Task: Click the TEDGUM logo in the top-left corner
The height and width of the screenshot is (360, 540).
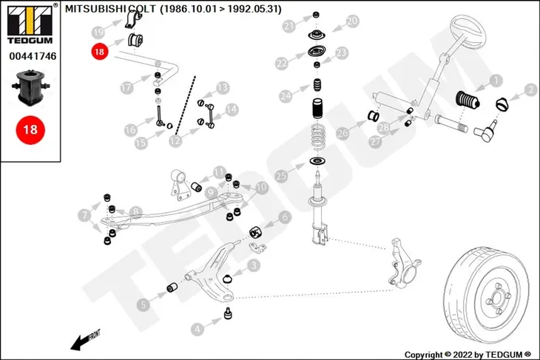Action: pyautogui.click(x=30, y=24)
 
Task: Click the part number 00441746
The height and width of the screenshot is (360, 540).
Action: pyautogui.click(x=33, y=56)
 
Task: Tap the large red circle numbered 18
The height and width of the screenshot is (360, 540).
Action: pyautogui.click(x=30, y=130)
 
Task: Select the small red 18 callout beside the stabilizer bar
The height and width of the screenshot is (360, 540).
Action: pyautogui.click(x=99, y=52)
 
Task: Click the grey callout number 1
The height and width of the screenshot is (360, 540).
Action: pyautogui.click(x=496, y=81)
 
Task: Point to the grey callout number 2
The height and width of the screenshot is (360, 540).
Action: pyautogui.click(x=530, y=90)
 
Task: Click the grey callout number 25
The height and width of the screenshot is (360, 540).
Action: pyautogui.click(x=281, y=176)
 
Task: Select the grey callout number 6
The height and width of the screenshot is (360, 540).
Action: pyautogui.click(x=285, y=217)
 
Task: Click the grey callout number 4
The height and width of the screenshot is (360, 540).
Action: pyautogui.click(x=198, y=330)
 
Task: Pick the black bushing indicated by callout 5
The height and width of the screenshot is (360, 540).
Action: pyautogui.click(x=172, y=287)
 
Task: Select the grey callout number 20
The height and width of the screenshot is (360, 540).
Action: pyautogui.click(x=352, y=21)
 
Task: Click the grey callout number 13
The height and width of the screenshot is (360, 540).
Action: pyautogui.click(x=223, y=88)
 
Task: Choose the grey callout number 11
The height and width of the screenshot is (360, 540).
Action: pyautogui.click(x=219, y=172)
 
